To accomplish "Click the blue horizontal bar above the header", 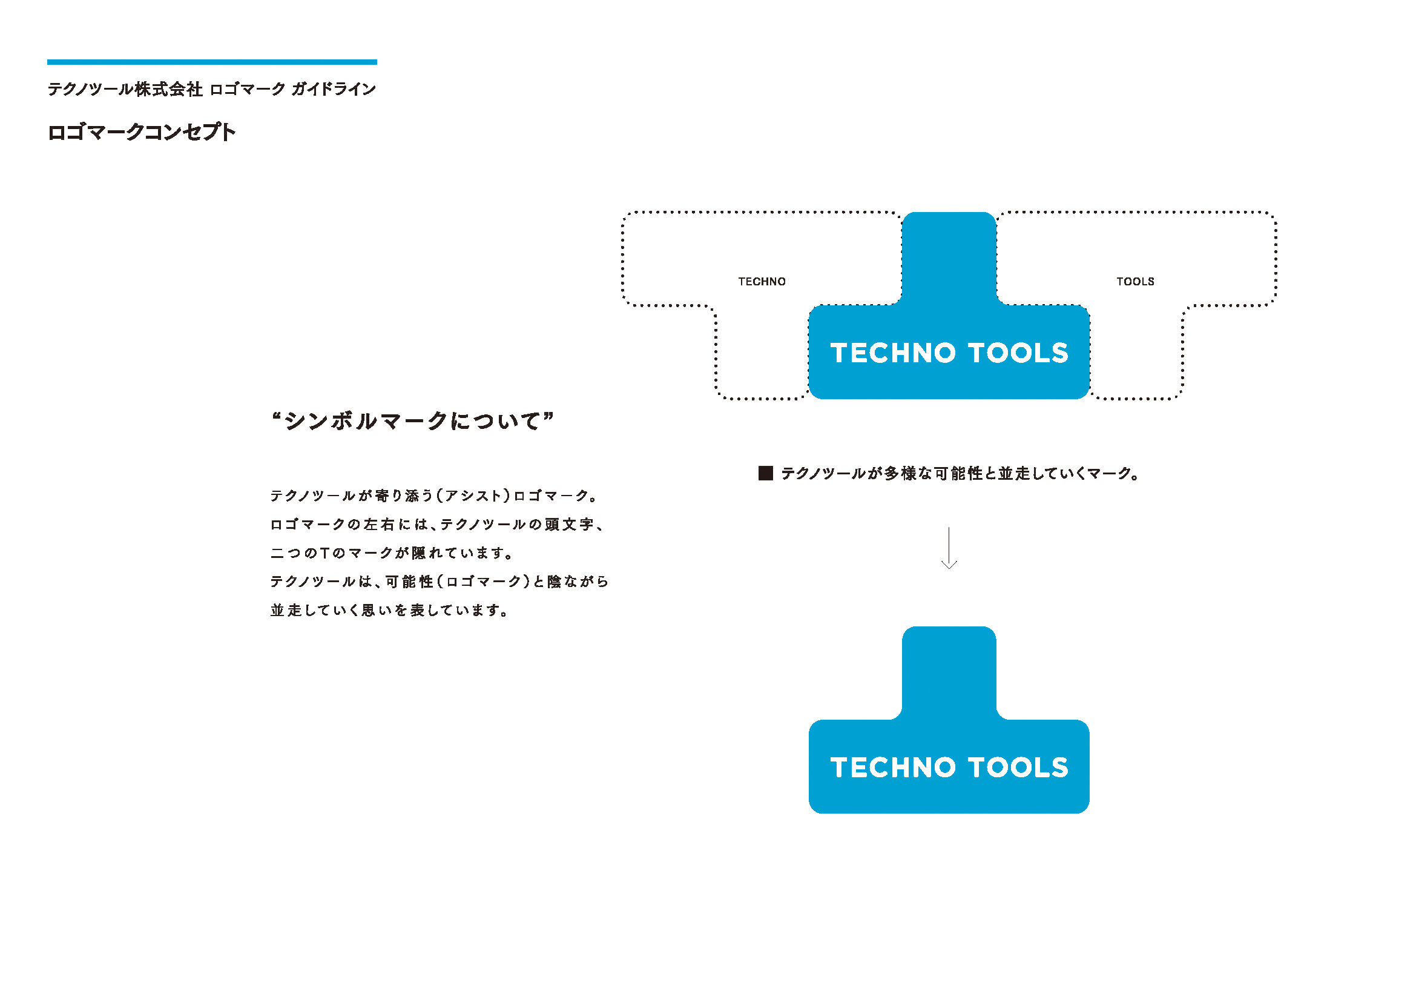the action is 211,62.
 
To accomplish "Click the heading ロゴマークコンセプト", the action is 141,132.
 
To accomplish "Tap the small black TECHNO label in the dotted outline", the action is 762,281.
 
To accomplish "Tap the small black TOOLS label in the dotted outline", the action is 1134,281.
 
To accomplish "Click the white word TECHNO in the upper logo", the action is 893,353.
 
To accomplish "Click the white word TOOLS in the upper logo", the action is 1018,353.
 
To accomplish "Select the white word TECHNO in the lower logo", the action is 893,768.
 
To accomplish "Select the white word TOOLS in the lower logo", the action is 1018,768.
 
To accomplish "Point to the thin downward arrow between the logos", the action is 949,547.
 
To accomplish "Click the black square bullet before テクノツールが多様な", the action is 765,473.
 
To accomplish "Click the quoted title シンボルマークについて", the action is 413,421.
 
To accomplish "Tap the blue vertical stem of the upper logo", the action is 949,259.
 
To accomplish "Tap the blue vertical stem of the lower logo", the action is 949,673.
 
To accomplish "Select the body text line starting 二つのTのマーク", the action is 392,553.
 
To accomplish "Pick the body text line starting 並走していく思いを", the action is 389,610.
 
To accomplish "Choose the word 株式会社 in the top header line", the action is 168,90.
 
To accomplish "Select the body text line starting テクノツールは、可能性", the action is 439,581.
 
